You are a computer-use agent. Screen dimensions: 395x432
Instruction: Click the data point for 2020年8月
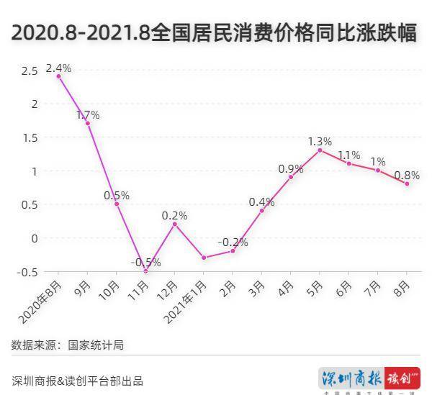point(58,76)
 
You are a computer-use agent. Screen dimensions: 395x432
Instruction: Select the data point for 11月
point(145,271)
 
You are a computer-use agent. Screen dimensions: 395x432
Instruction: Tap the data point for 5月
point(320,150)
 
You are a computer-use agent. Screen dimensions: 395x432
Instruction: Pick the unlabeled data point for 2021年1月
point(204,258)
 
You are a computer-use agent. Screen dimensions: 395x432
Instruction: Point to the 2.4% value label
point(58,68)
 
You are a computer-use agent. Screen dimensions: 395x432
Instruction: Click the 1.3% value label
point(320,141)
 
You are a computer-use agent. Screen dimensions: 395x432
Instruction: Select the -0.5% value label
point(145,262)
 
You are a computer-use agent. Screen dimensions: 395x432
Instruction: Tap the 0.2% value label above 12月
point(174,215)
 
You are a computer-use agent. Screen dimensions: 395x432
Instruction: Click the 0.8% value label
point(408,174)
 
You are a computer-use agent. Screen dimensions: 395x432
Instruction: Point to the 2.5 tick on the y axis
point(30,71)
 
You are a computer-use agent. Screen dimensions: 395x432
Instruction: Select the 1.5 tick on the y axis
point(30,137)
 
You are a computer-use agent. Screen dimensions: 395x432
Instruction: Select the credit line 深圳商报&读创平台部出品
point(78,381)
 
